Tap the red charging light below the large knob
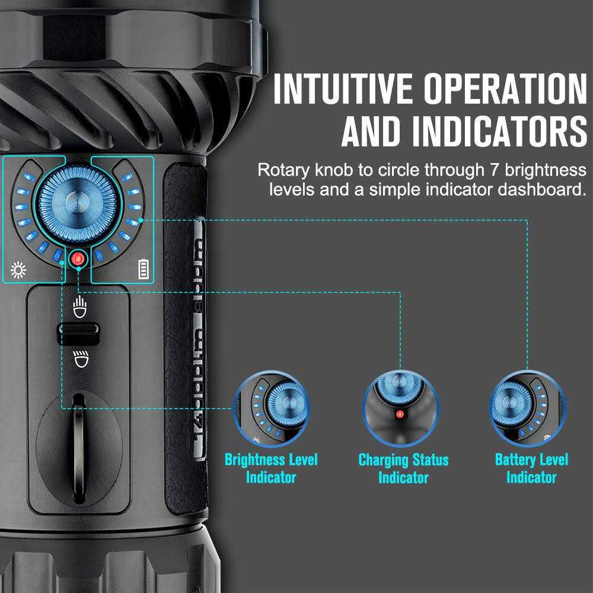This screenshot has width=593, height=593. (x=78, y=259)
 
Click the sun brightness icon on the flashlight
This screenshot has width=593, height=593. (x=19, y=272)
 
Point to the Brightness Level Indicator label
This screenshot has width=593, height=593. (x=271, y=468)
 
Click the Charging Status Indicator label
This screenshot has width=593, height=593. (x=403, y=468)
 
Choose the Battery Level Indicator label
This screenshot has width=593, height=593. (x=531, y=468)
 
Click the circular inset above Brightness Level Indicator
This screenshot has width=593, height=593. (x=272, y=409)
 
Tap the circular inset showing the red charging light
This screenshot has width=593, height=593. (x=401, y=409)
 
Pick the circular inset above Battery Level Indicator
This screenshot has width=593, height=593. (x=528, y=409)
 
